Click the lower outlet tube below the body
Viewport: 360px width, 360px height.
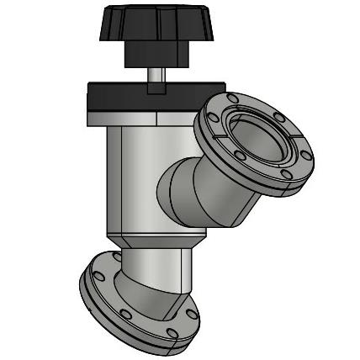(156, 269)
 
